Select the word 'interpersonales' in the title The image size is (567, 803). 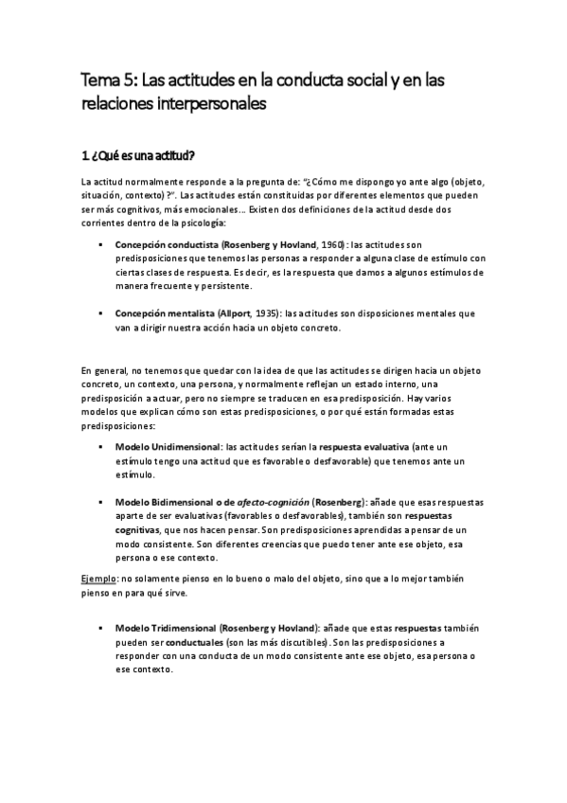[205, 105]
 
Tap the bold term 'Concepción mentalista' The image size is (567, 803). [156, 312]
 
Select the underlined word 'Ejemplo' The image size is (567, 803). [98, 578]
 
